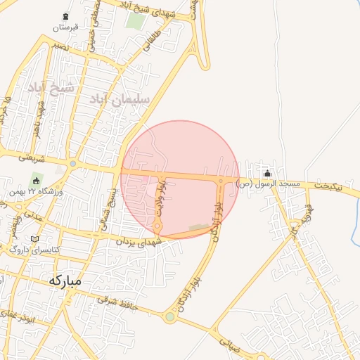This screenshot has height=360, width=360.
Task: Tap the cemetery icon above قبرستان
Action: click(x=66, y=16)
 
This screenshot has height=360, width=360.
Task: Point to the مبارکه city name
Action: click(x=65, y=280)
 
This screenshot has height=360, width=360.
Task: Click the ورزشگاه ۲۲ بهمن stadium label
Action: click(x=36, y=191)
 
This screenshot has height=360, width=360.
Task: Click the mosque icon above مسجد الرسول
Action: click(x=267, y=174)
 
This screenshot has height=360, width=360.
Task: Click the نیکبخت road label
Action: click(x=330, y=185)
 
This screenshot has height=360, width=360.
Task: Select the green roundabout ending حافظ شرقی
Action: click(x=169, y=317)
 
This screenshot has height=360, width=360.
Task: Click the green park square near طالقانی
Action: click(x=134, y=20)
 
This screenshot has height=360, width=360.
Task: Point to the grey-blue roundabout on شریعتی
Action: click(x=73, y=165)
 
